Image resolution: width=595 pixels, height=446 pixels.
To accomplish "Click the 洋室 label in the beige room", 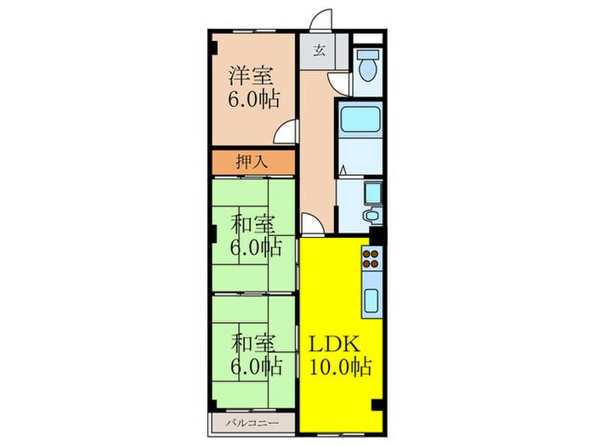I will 250,74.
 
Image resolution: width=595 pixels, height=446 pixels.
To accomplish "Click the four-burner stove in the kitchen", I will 372,258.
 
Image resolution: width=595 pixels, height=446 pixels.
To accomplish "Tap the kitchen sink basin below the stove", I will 372,300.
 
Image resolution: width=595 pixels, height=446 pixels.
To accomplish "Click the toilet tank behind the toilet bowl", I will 368,54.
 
